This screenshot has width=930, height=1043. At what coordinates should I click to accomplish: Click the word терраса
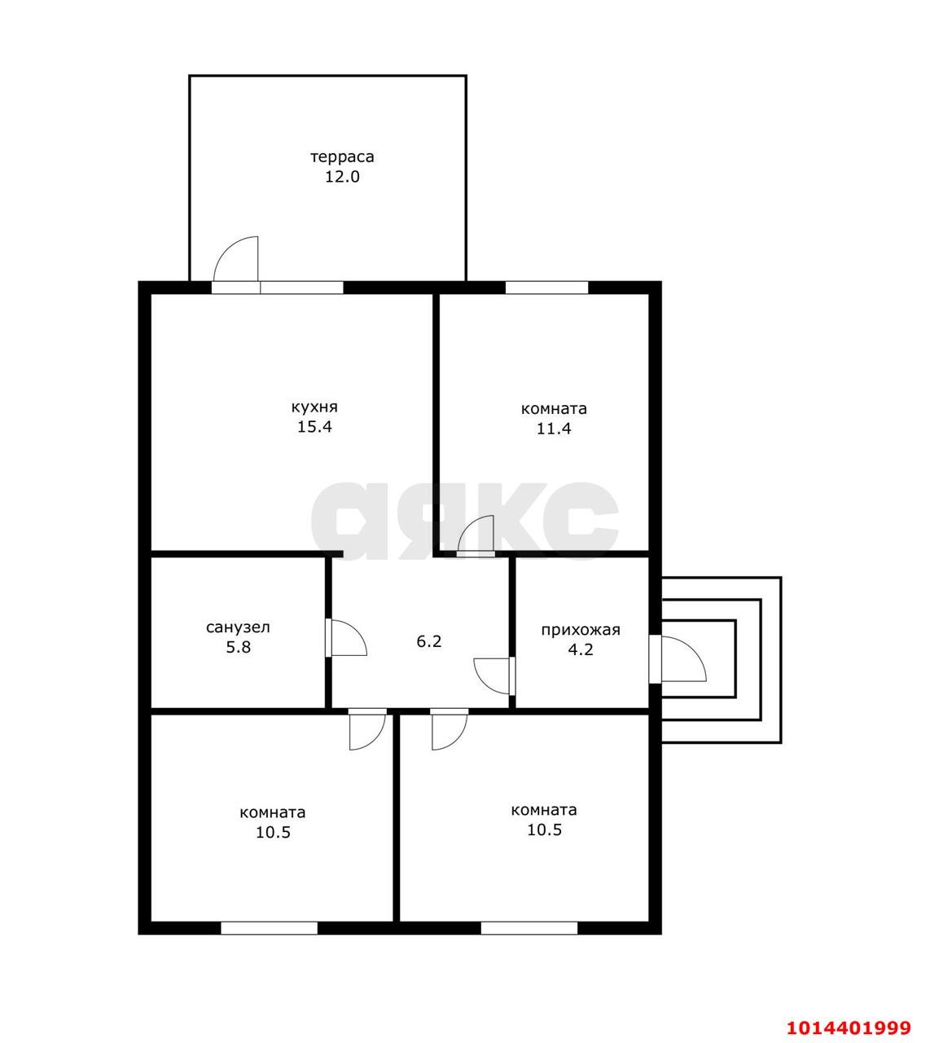(x=342, y=156)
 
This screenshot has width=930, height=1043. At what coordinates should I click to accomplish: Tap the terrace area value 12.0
(x=342, y=177)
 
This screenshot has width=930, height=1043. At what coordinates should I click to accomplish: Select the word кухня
(x=314, y=407)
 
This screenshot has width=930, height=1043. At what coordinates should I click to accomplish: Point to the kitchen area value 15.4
(x=314, y=427)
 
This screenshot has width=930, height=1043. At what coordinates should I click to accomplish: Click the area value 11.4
(x=554, y=429)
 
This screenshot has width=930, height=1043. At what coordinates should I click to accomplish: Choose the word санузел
(x=238, y=627)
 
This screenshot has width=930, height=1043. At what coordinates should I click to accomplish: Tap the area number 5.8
(x=239, y=647)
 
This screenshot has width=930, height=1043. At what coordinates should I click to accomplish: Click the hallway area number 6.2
(x=428, y=641)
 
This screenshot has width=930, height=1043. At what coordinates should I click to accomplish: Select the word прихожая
(x=581, y=630)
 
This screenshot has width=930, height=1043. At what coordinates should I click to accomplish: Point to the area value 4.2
(x=581, y=649)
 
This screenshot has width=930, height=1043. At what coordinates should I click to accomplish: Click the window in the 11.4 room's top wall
(x=546, y=288)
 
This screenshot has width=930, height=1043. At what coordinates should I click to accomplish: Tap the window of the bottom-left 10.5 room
(x=270, y=928)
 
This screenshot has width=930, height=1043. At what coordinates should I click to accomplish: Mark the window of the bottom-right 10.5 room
(x=529, y=928)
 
